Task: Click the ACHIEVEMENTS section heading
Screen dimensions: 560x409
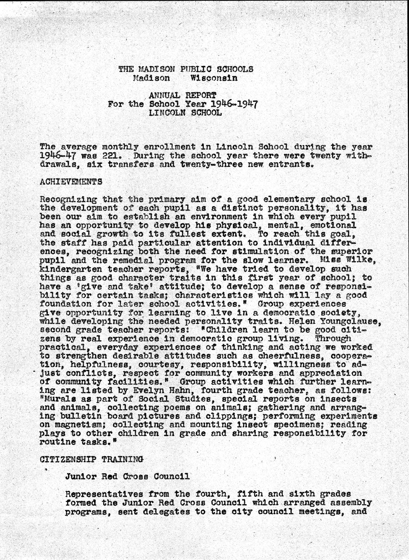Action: tap(71, 183)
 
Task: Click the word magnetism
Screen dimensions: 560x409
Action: tap(77, 425)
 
